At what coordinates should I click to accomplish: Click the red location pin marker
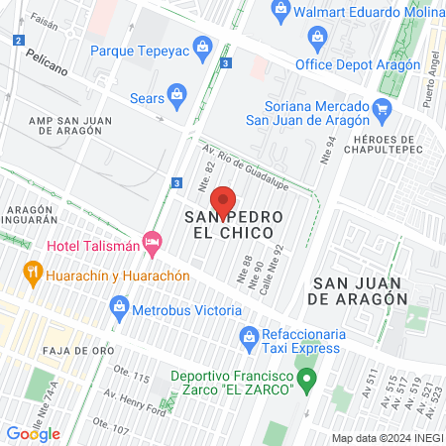[224, 201]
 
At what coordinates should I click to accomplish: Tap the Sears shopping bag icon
[177, 97]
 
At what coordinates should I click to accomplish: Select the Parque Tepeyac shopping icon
[203, 47]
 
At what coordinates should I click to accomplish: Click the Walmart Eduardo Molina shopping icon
[280, 12]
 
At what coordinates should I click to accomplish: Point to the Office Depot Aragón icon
[316, 41]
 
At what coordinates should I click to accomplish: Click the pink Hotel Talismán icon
[152, 242]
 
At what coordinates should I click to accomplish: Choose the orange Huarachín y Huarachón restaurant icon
[33, 270]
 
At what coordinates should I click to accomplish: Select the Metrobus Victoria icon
[120, 307]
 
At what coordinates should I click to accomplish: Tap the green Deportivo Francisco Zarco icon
[307, 378]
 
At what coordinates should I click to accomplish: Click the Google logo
[34, 434]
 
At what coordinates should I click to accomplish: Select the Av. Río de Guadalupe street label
[245, 159]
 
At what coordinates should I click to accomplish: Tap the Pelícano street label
[48, 70]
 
